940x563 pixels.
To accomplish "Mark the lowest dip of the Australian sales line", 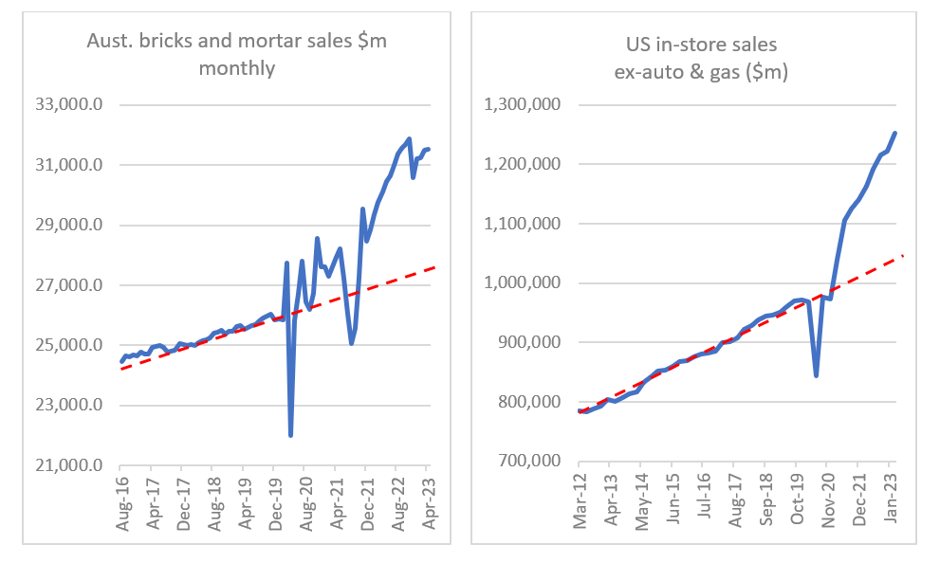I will (290, 435).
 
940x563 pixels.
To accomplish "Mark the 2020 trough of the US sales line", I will (816, 375).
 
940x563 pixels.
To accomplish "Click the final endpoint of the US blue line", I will (895, 133).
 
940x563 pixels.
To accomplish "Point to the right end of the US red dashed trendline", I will (903, 255).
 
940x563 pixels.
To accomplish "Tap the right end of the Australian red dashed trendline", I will (433, 268).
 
